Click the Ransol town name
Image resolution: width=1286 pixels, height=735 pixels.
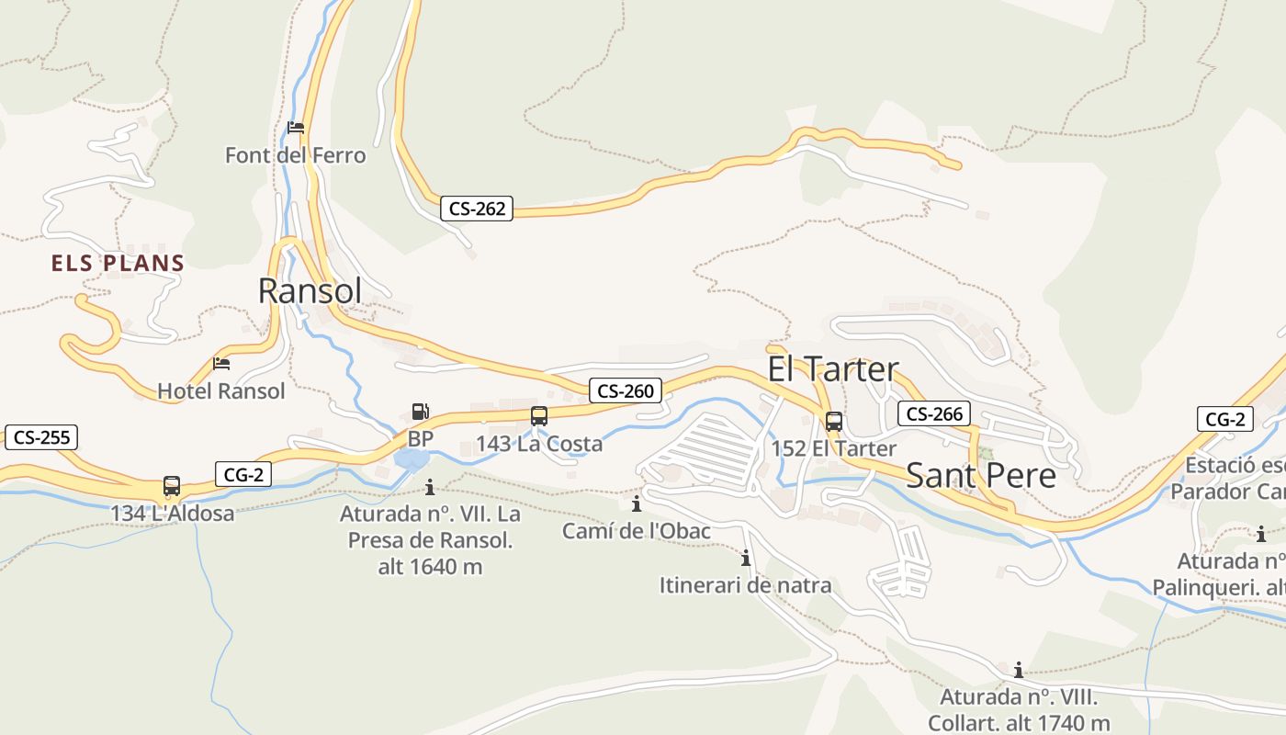click(310, 291)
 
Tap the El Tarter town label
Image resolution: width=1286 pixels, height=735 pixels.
click(833, 369)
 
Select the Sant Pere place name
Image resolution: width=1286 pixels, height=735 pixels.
click(980, 475)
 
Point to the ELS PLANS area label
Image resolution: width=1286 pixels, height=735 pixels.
click(118, 264)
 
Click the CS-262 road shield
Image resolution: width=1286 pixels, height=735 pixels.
click(477, 209)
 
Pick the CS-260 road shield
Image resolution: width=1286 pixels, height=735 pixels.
click(626, 390)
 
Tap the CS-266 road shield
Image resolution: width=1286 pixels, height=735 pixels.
click(934, 413)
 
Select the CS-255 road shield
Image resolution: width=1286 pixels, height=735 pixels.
click(41, 437)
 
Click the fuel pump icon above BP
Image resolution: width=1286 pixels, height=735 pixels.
click(421, 412)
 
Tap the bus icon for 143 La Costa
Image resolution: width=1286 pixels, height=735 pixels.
click(539, 416)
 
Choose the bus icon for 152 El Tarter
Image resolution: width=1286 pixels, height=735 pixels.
click(834, 422)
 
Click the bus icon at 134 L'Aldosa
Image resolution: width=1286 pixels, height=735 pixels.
click(172, 486)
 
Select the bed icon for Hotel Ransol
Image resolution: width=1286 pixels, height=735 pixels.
click(221, 364)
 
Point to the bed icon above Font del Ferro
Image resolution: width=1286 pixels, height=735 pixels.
click(296, 128)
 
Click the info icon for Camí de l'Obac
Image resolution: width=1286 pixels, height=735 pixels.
click(636, 503)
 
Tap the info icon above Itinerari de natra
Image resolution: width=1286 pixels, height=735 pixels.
click(746, 558)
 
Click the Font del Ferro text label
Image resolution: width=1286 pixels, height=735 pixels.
click(295, 155)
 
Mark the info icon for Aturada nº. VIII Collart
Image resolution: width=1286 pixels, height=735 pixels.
click(1019, 670)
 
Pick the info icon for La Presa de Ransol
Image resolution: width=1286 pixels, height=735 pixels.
click(430, 487)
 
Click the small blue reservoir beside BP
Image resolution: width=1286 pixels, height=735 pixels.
click(409, 459)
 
